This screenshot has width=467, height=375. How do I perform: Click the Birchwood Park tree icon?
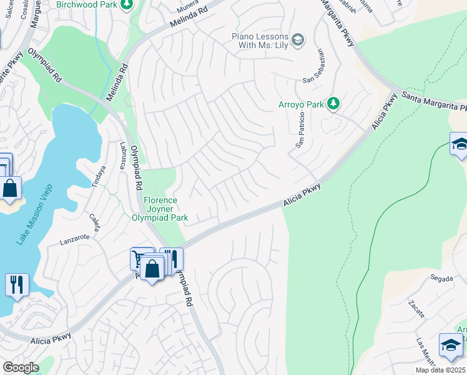pos(127,5)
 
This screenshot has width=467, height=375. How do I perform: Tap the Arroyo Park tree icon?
pos(333,103)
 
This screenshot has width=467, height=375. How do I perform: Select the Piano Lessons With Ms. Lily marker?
pos(298,40)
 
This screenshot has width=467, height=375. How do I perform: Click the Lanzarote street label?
pos(76,237)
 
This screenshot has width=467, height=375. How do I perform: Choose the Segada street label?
pos(441,277)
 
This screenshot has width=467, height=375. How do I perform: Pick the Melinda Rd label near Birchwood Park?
pos(190,19)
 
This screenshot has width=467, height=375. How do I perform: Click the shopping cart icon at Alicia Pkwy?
pos(138,257)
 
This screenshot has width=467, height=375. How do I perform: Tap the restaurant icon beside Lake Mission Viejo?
pos(17,284)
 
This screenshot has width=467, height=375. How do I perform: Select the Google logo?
pos(20,367)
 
